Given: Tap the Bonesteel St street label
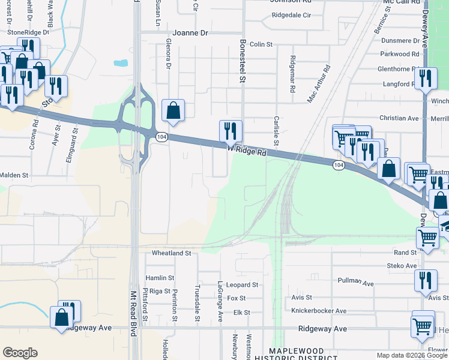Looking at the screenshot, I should coord(243,60).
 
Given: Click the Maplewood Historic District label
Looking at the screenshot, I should coord(297,354).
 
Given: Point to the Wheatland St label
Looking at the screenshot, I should coord(171,253).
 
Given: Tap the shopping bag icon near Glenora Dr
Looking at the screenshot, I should coord(173,111).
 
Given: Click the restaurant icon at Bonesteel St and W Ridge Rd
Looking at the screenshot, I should coord(231,131).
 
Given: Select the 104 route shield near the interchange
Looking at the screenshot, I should coord(163,137).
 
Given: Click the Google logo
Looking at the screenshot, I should coord(20,352).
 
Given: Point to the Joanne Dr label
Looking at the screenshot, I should coord(190,33).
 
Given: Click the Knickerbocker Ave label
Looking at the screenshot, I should coord(319,311).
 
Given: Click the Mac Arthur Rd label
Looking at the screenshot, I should coord(319,84).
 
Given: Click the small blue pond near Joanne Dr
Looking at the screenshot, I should coord(121,62).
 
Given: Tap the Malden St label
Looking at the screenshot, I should coord(14,175).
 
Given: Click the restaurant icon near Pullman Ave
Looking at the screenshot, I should coord(426,280).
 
